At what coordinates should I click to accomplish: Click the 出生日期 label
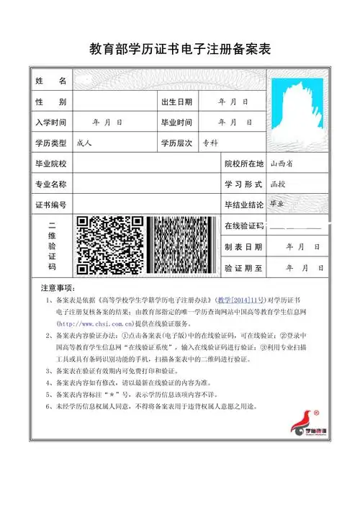point(177,102)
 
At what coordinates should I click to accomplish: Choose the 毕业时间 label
point(177,122)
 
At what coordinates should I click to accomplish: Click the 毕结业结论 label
point(244,205)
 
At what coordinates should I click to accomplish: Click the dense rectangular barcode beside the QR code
point(181,245)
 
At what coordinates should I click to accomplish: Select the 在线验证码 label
point(245,227)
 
